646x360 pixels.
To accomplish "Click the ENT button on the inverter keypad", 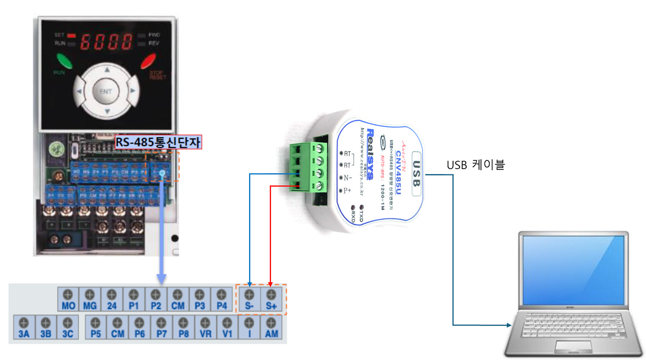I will point(105,91).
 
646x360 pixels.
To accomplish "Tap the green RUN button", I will point(64,61).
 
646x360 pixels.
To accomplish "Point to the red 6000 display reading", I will point(106,41).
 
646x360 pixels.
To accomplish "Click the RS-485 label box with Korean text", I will point(158,141).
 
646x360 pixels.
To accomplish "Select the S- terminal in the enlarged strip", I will point(249,300).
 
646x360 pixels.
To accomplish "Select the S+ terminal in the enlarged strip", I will point(271,300).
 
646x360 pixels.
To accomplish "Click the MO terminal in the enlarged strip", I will point(68,300).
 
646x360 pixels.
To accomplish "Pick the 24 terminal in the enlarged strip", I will point(112,300).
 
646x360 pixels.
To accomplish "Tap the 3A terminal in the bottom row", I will point(24,328).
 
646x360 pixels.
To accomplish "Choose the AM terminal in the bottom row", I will point(271,328).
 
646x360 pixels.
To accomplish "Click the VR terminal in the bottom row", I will point(205,328).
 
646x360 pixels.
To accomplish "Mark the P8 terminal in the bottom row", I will point(183,328).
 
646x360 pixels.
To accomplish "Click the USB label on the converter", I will point(416,174).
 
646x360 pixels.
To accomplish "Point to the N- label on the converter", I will point(348,178).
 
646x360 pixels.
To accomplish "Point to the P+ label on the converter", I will point(347,191).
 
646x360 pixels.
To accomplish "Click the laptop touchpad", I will point(573,346).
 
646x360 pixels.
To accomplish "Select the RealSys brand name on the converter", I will point(370,154).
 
